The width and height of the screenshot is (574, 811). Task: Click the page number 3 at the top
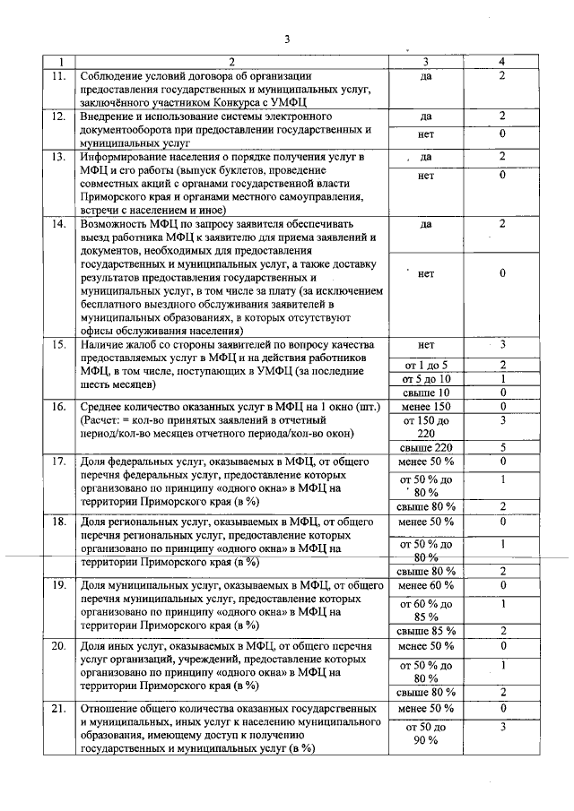click(x=287, y=38)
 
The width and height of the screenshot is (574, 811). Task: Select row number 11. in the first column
click(x=59, y=76)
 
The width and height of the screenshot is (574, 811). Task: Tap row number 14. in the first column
click(x=59, y=223)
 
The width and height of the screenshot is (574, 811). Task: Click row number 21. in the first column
click(x=59, y=709)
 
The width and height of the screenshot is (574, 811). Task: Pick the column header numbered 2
click(x=230, y=62)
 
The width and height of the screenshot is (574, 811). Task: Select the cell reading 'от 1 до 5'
click(x=426, y=365)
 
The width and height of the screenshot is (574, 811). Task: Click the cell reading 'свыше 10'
click(x=426, y=392)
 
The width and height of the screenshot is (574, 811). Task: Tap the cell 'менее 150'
click(x=426, y=406)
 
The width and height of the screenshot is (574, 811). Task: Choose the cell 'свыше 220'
click(x=426, y=447)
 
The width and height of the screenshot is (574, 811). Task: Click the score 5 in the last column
click(x=502, y=447)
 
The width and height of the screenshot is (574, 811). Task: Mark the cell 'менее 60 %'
click(x=426, y=585)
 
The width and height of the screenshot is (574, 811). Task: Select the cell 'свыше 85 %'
click(x=426, y=631)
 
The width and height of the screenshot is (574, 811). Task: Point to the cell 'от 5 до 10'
click(x=426, y=378)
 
